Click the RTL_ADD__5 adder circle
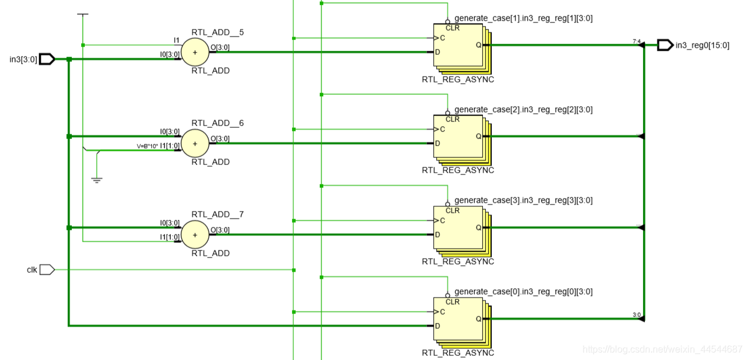point(194,52)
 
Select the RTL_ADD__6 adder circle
point(194,143)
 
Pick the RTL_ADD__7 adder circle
point(194,235)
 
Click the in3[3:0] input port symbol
point(47,59)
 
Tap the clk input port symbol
point(47,270)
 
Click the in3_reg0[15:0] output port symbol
point(665,45)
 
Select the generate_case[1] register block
point(459,45)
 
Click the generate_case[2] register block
point(459,137)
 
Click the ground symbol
point(97,179)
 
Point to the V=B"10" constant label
point(147,146)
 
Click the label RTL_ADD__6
point(217,123)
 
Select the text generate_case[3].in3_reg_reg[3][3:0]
point(523,200)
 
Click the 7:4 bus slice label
point(636,41)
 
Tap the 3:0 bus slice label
point(636,315)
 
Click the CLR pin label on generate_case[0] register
point(452,302)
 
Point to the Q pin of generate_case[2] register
point(478,136)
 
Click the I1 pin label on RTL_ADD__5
point(176,41)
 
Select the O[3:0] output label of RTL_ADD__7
point(220,230)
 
